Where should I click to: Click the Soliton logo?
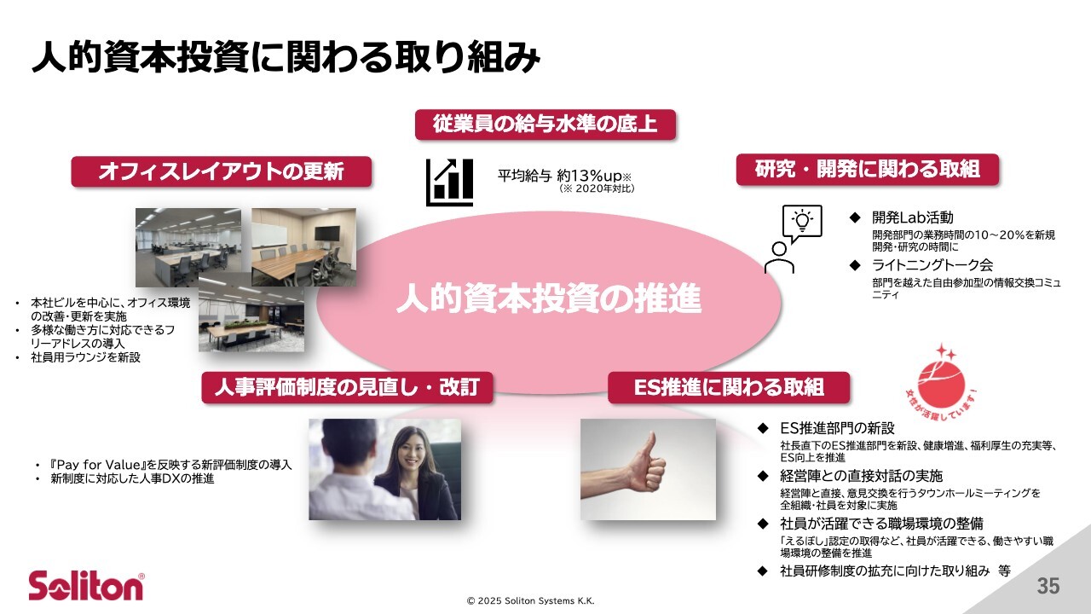point(86,586)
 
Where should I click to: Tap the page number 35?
point(1048,587)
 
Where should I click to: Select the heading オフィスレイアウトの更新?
point(221,171)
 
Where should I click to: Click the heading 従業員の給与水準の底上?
point(545,125)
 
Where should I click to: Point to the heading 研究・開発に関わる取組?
point(867,169)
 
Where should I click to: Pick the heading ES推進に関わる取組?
point(729,387)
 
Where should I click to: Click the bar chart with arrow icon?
point(449,182)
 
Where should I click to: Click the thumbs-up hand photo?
point(648,469)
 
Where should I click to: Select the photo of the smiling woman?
point(384,469)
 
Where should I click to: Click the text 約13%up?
point(591,175)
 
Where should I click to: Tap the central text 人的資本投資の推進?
point(548,300)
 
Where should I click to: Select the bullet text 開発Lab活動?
point(906,217)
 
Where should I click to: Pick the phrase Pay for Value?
point(99,465)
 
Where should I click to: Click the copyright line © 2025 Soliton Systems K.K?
point(530,601)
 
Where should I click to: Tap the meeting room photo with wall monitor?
point(303,246)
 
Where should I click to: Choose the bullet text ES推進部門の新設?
point(838,427)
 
